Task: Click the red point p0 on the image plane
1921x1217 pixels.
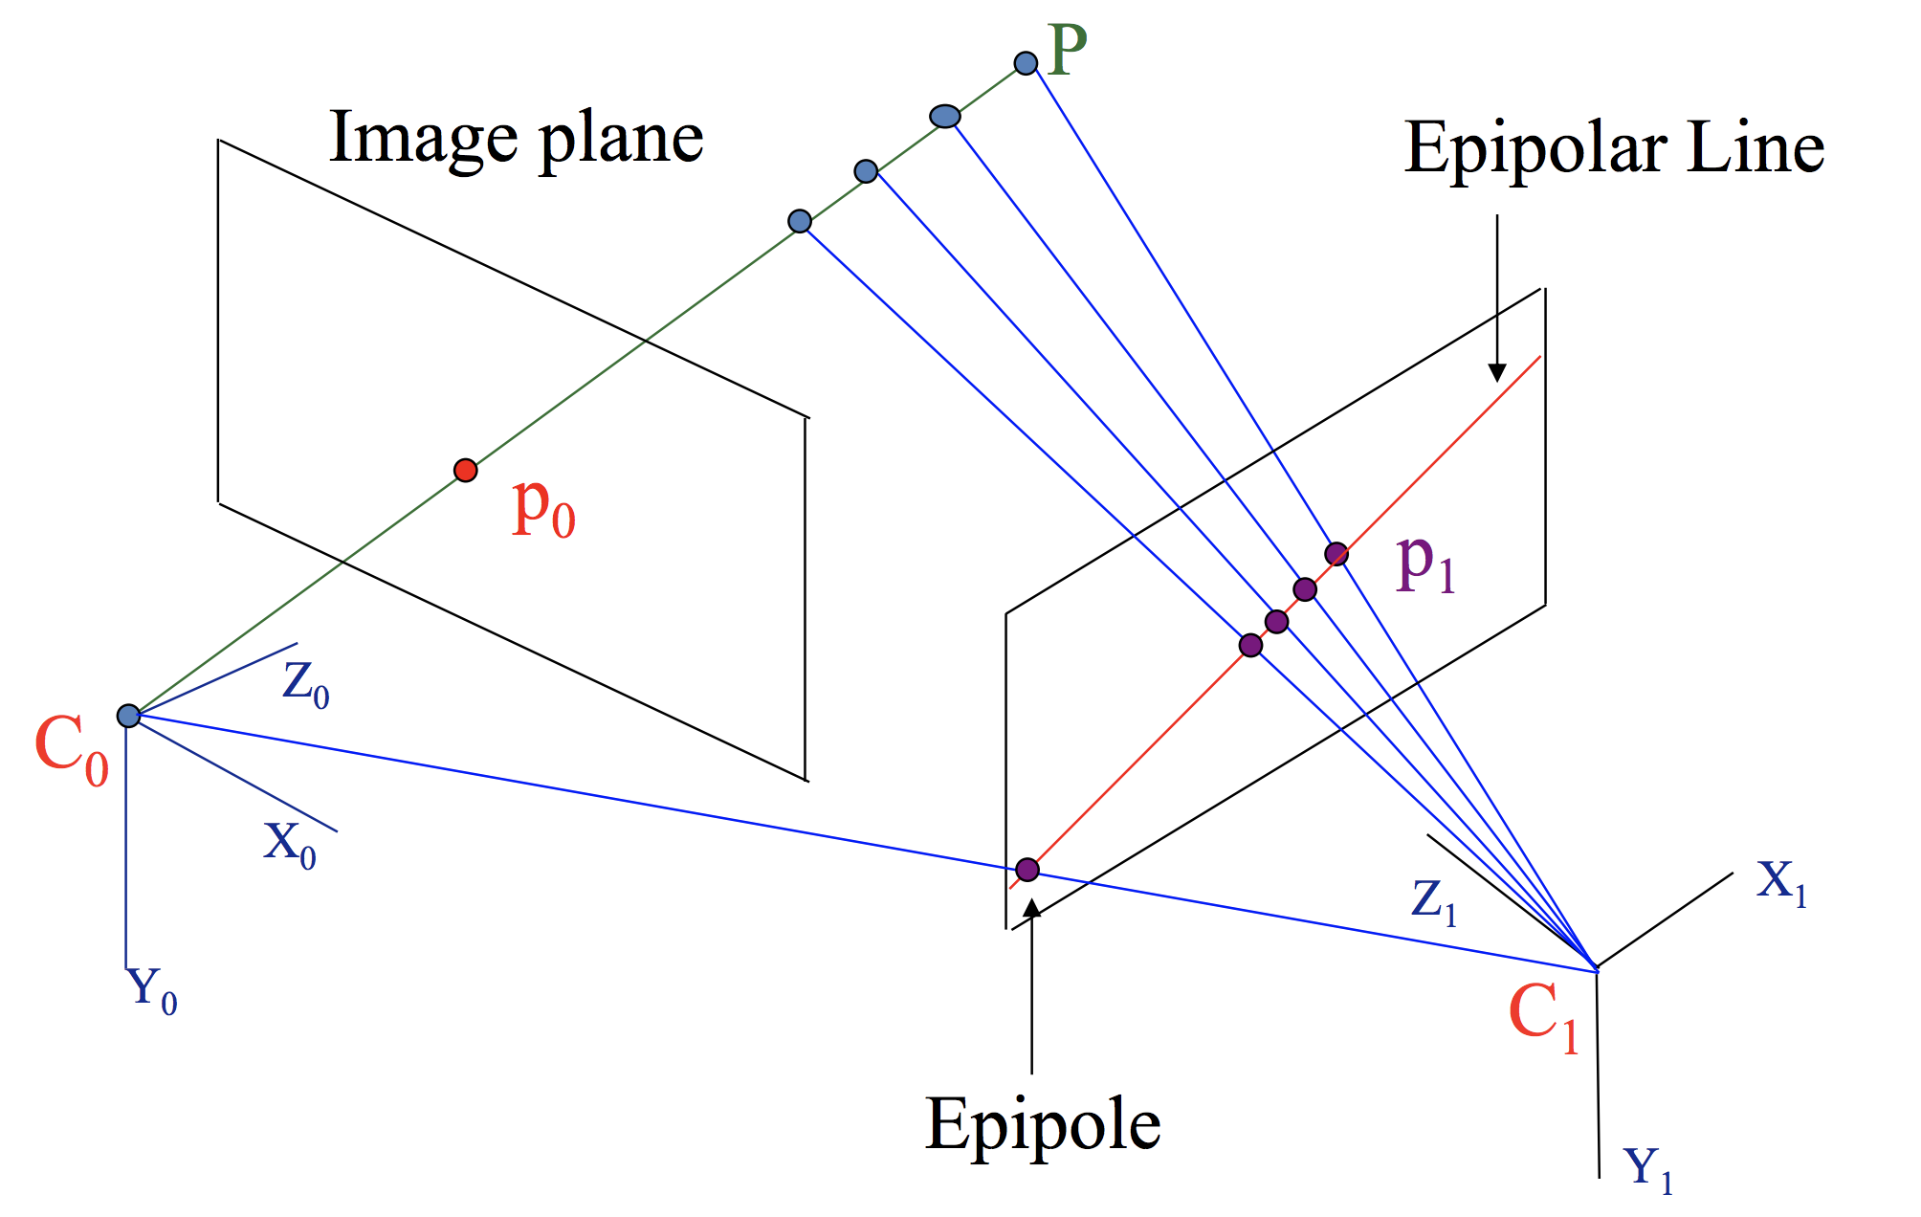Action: pos(465,470)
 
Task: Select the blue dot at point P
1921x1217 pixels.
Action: pos(1026,63)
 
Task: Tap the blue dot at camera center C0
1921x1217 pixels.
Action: pos(128,716)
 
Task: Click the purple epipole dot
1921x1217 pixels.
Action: pos(1027,869)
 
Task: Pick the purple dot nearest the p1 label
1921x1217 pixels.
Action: pos(1336,553)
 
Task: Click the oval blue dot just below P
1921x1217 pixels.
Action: pos(945,117)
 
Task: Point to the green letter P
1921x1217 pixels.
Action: pos(1068,50)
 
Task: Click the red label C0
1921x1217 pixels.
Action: pos(71,750)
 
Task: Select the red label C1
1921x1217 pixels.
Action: pos(1542,1018)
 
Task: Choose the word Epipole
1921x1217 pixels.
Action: pos(1042,1125)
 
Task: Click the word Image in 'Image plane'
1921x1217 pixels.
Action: pos(423,139)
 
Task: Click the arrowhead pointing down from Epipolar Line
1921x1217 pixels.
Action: pos(1497,372)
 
